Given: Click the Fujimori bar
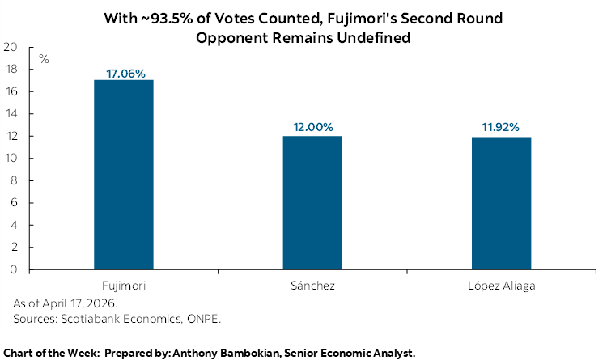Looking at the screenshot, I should pyautogui.click(x=124, y=174).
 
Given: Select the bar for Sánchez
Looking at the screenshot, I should pyautogui.click(x=312, y=202).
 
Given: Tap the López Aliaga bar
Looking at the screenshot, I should pyautogui.click(x=502, y=203).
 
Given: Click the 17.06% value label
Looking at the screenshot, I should pyautogui.click(x=125, y=73).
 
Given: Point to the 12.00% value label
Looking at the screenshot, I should pyautogui.click(x=312, y=128).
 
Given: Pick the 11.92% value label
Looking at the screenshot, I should pyautogui.click(x=502, y=128).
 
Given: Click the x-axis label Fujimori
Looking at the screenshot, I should pyautogui.click(x=124, y=286).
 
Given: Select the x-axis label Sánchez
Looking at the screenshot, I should pyautogui.click(x=312, y=286).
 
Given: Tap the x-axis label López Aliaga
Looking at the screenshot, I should pyautogui.click(x=502, y=286).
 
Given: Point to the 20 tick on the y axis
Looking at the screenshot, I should pyautogui.click(x=11, y=47).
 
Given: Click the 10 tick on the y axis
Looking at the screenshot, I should pyautogui.click(x=11, y=158).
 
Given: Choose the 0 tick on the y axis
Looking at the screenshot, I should pyautogui.click(x=14, y=269).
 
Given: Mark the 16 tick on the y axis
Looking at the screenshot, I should pyautogui.click(x=11, y=91).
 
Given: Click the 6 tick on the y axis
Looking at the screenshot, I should pyautogui.click(x=14, y=202).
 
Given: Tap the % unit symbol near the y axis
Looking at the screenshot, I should pyautogui.click(x=44, y=59).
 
